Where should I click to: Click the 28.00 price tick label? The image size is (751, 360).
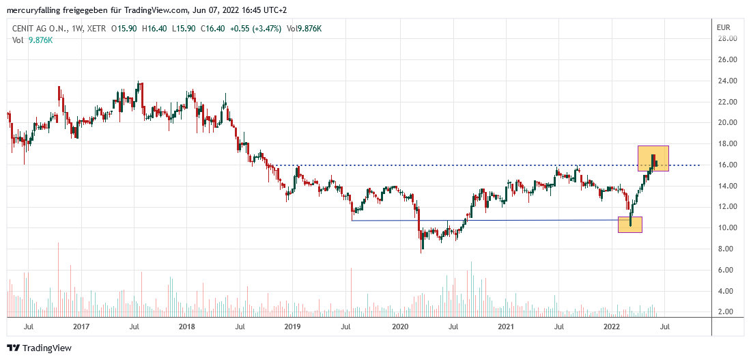click(726, 38)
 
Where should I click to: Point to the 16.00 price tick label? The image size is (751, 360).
click(726, 165)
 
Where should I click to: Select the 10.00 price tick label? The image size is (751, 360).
click(726, 227)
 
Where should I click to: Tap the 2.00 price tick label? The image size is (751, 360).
click(726, 311)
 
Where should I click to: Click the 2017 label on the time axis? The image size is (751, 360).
click(81, 327)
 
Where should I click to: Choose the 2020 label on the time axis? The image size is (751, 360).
click(400, 327)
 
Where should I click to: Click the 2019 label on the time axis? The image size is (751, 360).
click(293, 327)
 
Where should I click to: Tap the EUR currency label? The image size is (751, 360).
click(724, 27)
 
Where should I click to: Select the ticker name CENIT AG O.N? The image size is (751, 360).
click(38, 29)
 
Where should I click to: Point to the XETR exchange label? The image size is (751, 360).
click(96, 29)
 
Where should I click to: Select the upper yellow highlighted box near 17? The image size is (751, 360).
click(653, 158)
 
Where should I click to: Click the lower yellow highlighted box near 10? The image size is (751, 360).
click(629, 224)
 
